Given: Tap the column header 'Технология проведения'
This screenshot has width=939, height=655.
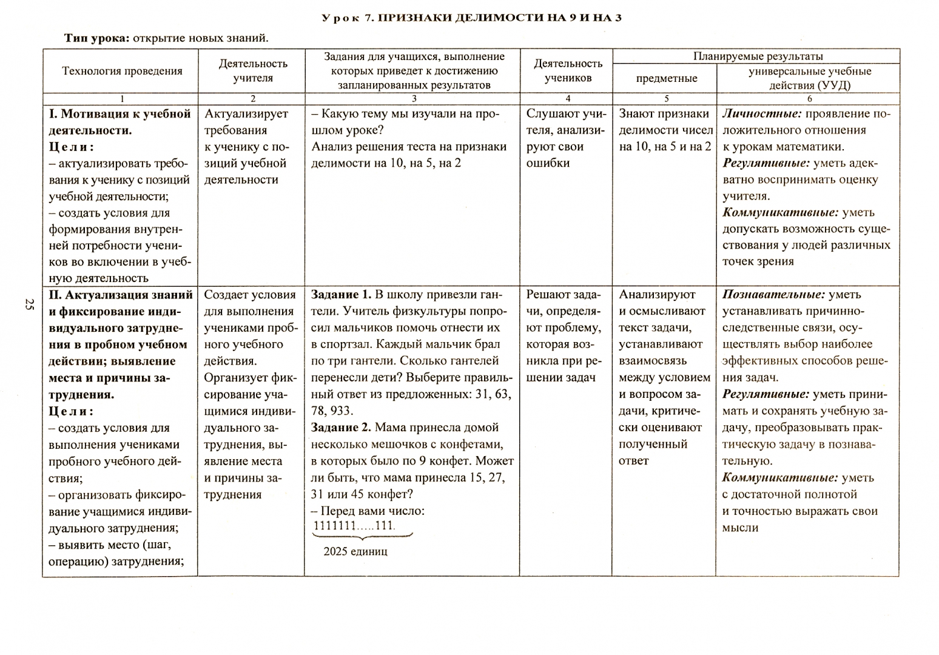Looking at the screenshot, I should pos(122,71).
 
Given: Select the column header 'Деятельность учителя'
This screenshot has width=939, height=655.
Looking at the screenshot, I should pos(252,70).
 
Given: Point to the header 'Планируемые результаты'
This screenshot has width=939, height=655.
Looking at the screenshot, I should pos(758,56).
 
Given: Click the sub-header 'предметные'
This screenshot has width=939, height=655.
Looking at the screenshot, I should pos(666,78).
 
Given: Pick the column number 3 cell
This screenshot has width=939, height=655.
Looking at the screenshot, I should pos(414,98).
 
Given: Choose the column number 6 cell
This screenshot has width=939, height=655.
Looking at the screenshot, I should pos(809,98).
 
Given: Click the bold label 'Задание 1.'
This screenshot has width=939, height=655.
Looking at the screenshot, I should pos(341,295).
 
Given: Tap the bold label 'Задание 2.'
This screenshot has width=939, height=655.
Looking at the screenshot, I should pos(341,428).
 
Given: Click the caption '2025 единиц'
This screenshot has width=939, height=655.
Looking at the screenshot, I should pos(355,551).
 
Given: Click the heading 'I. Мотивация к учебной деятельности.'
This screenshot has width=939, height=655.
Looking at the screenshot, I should pos(119,122).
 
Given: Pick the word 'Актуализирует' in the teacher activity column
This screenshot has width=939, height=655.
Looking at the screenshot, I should pos(246,113).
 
